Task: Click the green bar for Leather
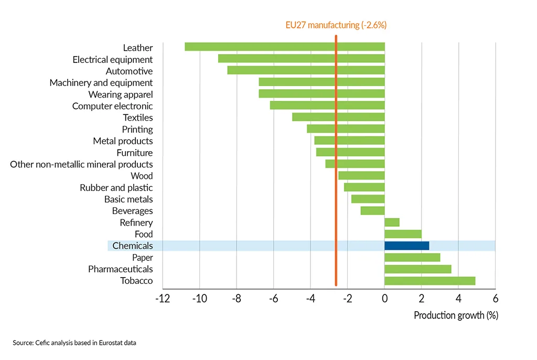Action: [285, 47]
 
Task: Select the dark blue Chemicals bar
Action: [406, 246]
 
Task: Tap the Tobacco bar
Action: [429, 281]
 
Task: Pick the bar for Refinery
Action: [392, 223]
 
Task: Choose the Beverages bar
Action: [372, 211]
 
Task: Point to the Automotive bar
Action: [306, 71]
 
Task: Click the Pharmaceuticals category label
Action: [121, 269]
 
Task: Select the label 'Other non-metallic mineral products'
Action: [81, 164]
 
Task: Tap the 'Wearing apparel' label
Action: [121, 94]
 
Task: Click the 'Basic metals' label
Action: [128, 199]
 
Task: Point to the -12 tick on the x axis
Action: [162, 299]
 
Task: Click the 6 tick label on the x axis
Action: [495, 299]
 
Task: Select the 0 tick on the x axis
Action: [384, 299]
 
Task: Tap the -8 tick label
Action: [236, 299]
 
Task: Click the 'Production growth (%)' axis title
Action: [456, 315]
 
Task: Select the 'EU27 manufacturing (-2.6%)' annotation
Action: [336, 25]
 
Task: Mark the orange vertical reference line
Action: [336, 157]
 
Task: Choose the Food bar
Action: [403, 234]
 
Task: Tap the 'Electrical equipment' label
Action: [113, 59]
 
